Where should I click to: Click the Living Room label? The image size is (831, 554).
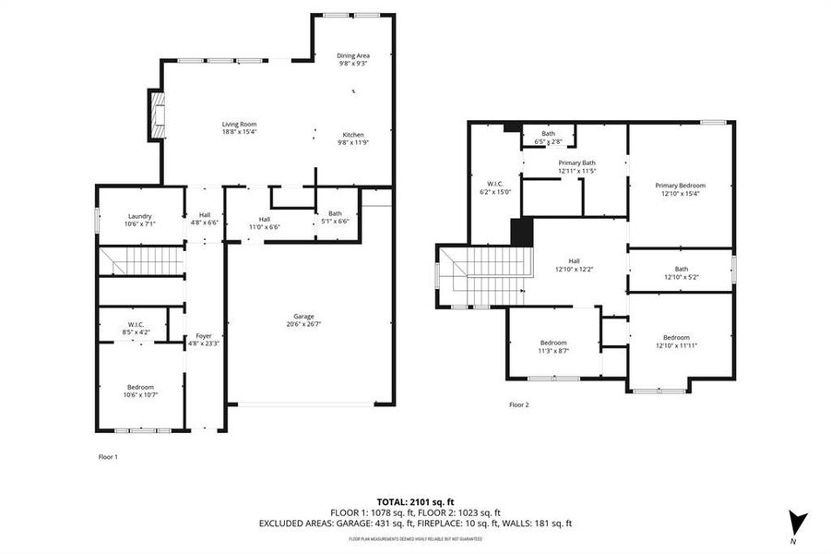tap(238, 128)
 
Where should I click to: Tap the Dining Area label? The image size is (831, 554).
tap(352, 59)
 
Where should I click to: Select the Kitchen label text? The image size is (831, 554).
tap(353, 138)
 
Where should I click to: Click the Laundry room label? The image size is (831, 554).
tap(140, 220)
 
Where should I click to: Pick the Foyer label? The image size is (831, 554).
tap(204, 340)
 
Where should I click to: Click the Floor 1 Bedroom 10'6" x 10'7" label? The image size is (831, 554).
tap(140, 391)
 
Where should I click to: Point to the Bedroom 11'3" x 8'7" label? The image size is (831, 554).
tap(553, 346)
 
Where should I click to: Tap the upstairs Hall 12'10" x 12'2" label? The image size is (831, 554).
tap(574, 265)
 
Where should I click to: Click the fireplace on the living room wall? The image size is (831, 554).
tap(156, 114)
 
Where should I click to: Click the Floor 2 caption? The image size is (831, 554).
tap(519, 404)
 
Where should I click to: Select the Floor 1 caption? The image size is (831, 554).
tap(108, 456)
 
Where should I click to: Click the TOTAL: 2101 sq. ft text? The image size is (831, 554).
tap(415, 500)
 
